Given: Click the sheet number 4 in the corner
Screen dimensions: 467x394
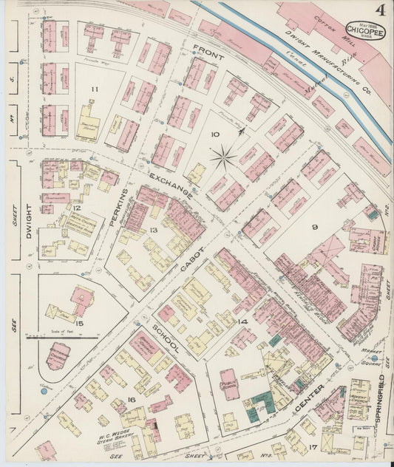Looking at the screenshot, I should (x=379, y=10).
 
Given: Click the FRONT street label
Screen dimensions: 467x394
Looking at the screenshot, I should (x=208, y=51).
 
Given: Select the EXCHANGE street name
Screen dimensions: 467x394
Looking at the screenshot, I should (x=171, y=187).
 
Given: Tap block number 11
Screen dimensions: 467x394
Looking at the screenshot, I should (x=94, y=89).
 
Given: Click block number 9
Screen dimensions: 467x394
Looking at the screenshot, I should (x=313, y=228).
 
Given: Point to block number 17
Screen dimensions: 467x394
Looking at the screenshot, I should (x=313, y=446).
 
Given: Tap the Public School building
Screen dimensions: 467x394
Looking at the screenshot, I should (x=230, y=384).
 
